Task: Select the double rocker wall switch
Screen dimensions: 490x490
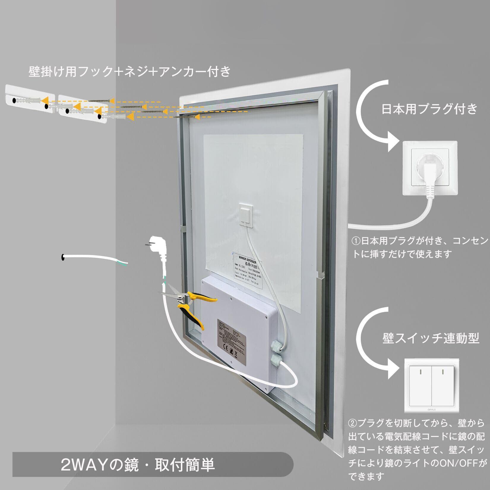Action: click(431, 385)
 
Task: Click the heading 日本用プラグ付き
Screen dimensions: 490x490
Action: click(429, 109)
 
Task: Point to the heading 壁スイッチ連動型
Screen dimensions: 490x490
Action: click(431, 338)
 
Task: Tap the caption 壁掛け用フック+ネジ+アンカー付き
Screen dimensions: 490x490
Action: click(129, 72)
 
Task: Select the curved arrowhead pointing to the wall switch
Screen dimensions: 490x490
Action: click(391, 372)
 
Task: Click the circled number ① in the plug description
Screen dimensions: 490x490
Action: click(356, 241)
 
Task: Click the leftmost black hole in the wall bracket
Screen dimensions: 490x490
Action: click(14, 101)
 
